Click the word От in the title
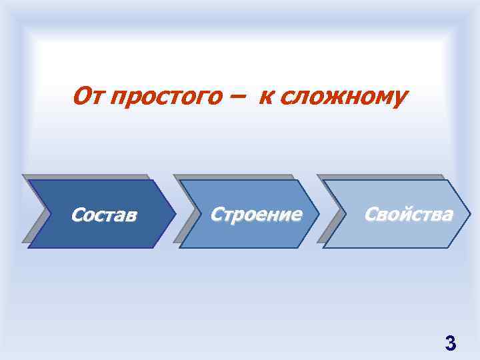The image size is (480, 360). pyautogui.click(x=86, y=97)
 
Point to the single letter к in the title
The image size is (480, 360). pyautogui.click(x=265, y=98)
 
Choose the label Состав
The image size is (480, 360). pyautogui.click(x=104, y=215)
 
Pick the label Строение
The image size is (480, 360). pyautogui.click(x=256, y=214)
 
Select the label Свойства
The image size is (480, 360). pyautogui.click(x=408, y=214)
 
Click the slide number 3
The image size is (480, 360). pyautogui.click(x=450, y=343)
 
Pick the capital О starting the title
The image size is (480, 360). pyautogui.click(x=81, y=97)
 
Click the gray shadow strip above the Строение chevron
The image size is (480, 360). pyautogui.click(x=233, y=177)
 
